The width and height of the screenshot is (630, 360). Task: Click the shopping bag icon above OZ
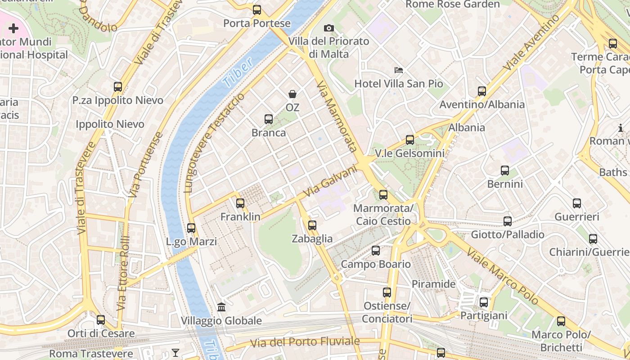click(x=292, y=94)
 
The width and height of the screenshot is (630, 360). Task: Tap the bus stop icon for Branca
click(x=269, y=119)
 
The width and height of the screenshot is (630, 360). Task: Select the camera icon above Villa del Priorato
click(x=329, y=28)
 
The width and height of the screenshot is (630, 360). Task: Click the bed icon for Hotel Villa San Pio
click(x=399, y=70)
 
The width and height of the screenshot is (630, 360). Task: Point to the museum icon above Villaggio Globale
click(x=221, y=307)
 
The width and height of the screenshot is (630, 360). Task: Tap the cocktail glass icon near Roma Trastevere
click(x=175, y=353)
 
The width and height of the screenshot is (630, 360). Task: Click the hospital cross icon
click(x=13, y=29)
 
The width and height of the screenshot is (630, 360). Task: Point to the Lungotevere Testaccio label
click(x=215, y=143)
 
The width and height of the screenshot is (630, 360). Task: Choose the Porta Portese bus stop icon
click(x=257, y=10)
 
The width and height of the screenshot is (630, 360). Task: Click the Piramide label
click(x=434, y=284)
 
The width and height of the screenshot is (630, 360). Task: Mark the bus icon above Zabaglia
click(x=312, y=225)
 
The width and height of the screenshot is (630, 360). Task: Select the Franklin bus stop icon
click(x=240, y=203)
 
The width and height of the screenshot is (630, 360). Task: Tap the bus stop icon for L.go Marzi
click(x=191, y=228)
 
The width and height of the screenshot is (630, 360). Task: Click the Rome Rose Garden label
click(x=452, y=4)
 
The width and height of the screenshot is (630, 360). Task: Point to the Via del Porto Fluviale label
click(x=305, y=342)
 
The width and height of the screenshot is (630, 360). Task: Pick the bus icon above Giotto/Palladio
click(x=508, y=221)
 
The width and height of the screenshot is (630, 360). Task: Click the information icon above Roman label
click(x=621, y=128)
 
